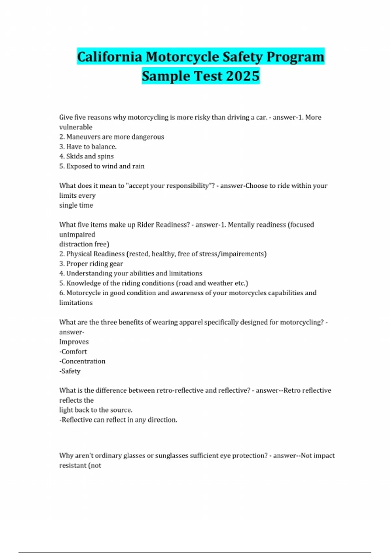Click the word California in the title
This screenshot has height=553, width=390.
[110, 57]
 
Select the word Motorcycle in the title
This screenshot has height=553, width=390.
[182, 57]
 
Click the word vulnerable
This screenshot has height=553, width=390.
[76, 127]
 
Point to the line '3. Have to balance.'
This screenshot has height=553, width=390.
[88, 147]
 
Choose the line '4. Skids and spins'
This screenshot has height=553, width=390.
[86, 156]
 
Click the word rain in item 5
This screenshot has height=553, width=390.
[138, 166]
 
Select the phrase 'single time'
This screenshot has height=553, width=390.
[76, 205]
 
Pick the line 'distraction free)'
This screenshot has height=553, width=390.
[84, 244]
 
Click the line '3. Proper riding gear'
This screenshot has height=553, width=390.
[91, 264]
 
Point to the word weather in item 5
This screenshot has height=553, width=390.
[220, 283]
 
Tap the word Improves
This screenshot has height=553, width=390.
[74, 342]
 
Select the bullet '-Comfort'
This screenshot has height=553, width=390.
[73, 352]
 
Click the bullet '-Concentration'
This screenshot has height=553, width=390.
[82, 361]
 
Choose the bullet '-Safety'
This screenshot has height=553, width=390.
[70, 371]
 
